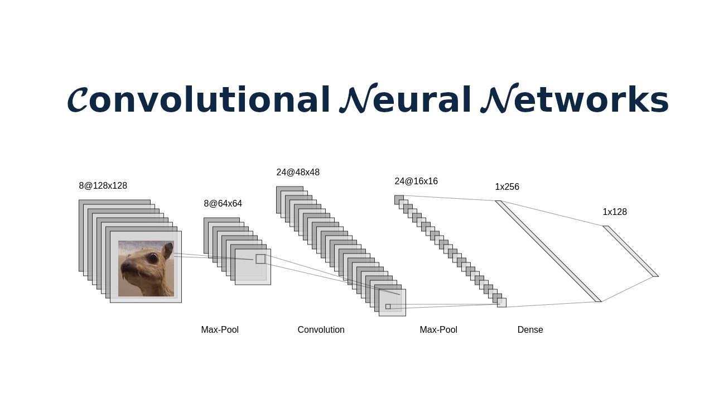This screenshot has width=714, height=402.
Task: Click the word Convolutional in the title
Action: click(198, 99)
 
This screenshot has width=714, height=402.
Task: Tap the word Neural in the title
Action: click(405, 98)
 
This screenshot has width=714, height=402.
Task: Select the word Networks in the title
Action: click(575, 98)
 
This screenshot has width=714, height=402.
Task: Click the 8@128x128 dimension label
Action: click(103, 186)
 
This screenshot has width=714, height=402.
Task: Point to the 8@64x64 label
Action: click(223, 204)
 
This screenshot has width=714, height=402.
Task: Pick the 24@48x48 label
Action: click(298, 173)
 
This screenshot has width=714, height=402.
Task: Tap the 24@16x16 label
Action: click(416, 181)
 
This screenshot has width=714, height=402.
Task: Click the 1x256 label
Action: click(507, 186)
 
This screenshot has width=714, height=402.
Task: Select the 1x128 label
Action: click(615, 212)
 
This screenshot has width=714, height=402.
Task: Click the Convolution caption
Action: click(321, 329)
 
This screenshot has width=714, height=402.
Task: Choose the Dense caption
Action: click(530, 329)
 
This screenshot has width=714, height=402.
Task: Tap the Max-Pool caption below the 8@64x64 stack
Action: click(220, 329)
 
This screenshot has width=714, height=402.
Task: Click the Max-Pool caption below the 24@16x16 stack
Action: click(438, 329)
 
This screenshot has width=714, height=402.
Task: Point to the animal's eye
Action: click(153, 258)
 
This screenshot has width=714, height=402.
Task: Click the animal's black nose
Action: click(127, 267)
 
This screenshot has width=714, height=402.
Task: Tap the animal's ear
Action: click(168, 251)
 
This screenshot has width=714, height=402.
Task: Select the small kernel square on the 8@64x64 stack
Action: click(260, 259)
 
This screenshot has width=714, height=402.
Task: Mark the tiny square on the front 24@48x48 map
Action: click(388, 307)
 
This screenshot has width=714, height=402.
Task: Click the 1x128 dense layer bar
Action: click(630, 251)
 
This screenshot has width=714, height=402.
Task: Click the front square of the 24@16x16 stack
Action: click(501, 303)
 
